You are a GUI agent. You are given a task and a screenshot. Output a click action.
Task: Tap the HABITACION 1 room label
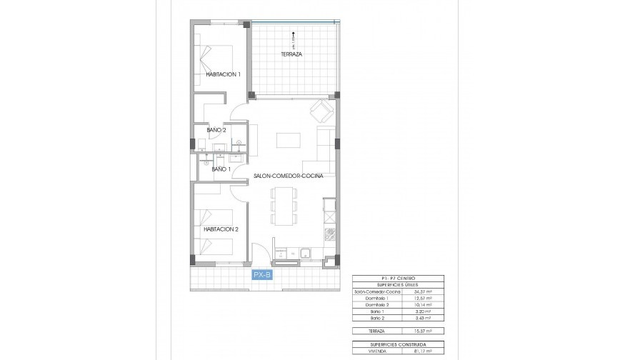223,74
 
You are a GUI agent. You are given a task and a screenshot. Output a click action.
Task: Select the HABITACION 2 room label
221,229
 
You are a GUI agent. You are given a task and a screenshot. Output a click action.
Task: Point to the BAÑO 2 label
216,130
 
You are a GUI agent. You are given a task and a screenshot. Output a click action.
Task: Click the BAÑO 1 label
220,169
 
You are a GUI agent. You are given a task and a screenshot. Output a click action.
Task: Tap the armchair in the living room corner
321,111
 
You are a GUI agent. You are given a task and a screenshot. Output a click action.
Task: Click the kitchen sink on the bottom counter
305,251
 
